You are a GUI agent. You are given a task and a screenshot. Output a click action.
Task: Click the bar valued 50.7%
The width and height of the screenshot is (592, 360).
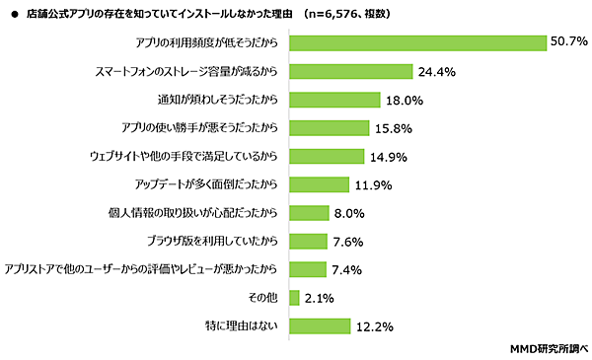pyautogui.click(x=418, y=42)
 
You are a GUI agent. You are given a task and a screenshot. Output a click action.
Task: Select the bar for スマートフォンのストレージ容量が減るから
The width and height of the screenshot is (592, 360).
pyautogui.click(x=350, y=71)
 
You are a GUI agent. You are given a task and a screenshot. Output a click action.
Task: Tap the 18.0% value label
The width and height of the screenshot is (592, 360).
pyautogui.click(x=405, y=100)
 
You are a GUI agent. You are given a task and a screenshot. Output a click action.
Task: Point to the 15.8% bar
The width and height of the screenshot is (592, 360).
pyautogui.click(x=329, y=128)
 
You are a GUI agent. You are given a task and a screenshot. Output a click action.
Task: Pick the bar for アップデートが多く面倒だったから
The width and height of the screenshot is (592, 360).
pyautogui.click(x=319, y=184)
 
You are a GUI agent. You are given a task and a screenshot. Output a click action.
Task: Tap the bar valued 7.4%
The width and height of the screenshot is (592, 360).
pyautogui.click(x=307, y=269)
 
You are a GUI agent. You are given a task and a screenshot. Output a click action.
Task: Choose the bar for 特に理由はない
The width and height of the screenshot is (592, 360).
pyautogui.click(x=320, y=325)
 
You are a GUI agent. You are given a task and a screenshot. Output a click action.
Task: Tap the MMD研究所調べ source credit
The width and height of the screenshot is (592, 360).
pyautogui.click(x=549, y=348)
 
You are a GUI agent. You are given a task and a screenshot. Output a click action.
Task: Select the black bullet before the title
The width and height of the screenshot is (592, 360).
pyautogui.click(x=10, y=12)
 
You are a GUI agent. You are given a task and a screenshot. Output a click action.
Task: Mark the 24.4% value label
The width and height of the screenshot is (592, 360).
pyautogui.click(x=436, y=71)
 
